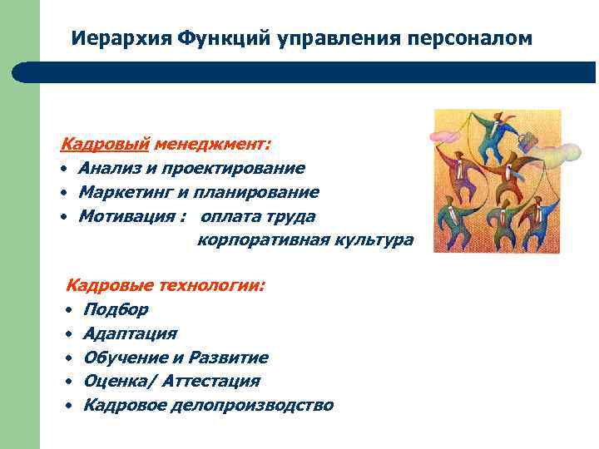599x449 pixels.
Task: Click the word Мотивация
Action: pos(121,217)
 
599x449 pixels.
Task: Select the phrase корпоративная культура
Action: pos(304,240)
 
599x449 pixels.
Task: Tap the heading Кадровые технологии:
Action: pos(166,286)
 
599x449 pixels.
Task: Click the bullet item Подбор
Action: pos(116,310)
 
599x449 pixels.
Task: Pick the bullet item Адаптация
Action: pos(130,334)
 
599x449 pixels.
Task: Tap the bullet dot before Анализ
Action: pos(64,170)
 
